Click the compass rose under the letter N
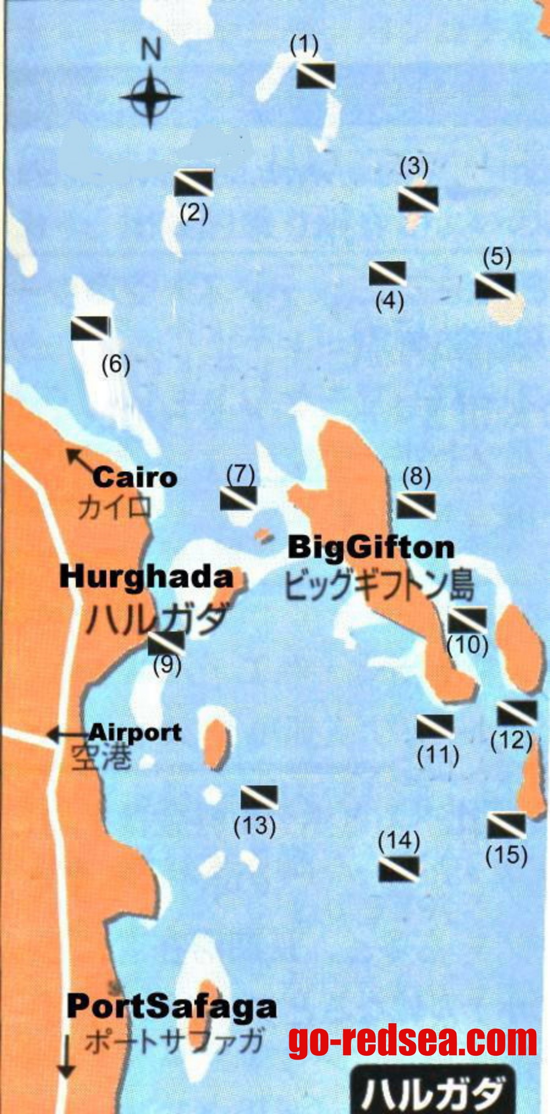coord(150,98)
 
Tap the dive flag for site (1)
coord(316,75)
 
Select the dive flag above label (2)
coord(194,183)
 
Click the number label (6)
coord(116,365)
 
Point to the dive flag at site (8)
coord(416,505)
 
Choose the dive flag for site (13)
coord(259,797)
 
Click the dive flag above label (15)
coord(506,825)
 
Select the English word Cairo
coord(135,477)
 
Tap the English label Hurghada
coord(146,577)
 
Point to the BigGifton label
coord(371,548)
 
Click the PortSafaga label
coord(172,1006)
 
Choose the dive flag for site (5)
coord(495,285)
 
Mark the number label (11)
coord(438,755)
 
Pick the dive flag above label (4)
coord(388,273)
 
